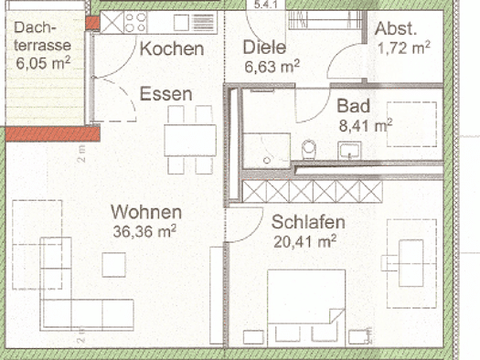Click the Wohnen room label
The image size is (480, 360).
[x=146, y=212]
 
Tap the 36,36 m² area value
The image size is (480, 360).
[x=144, y=231]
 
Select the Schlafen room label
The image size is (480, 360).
[x=308, y=222]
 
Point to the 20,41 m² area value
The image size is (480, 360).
[x=304, y=241]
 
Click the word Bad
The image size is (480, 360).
[x=354, y=106]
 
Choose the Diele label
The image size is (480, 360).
[x=264, y=48]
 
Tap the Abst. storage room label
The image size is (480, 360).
[x=396, y=28]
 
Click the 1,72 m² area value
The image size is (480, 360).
[x=404, y=48]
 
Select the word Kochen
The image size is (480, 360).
[x=172, y=49]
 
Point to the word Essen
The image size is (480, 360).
[x=165, y=93]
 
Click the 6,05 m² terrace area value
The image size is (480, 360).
[x=43, y=63]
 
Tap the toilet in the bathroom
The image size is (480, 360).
[x=308, y=149]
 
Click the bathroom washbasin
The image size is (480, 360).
[x=349, y=151]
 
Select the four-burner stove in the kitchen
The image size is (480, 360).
[x=135, y=22]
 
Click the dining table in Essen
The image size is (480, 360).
[x=190, y=141]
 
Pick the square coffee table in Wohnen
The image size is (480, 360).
[x=113, y=265]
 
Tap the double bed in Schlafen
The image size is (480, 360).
[x=306, y=308]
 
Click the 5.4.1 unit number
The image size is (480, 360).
[x=265, y=5]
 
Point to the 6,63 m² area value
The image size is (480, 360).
[x=272, y=67]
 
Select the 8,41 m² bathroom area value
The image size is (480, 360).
[x=366, y=125]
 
